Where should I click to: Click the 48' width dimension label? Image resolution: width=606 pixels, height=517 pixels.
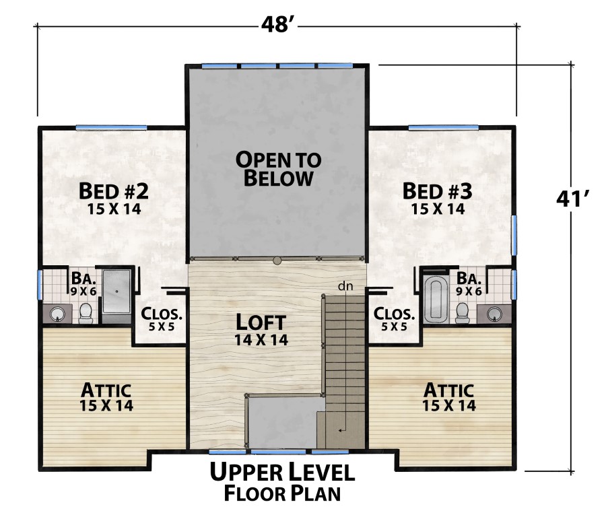click(x=277, y=25)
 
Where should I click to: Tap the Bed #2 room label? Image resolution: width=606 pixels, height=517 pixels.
click(x=113, y=191)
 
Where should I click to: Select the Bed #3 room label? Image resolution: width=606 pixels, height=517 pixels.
click(x=438, y=191)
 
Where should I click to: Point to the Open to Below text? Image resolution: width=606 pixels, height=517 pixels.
click(x=278, y=168)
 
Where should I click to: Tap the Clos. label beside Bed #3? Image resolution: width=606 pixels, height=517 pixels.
click(x=393, y=314)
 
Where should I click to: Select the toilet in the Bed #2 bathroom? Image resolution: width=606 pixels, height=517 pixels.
click(x=86, y=312)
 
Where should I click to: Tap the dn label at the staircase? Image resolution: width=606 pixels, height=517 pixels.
click(x=345, y=287)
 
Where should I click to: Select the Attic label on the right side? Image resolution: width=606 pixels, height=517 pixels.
click(x=449, y=390)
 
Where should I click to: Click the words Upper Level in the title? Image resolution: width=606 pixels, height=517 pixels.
click(x=281, y=472)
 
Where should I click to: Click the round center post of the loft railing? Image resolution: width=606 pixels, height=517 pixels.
click(x=277, y=260)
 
